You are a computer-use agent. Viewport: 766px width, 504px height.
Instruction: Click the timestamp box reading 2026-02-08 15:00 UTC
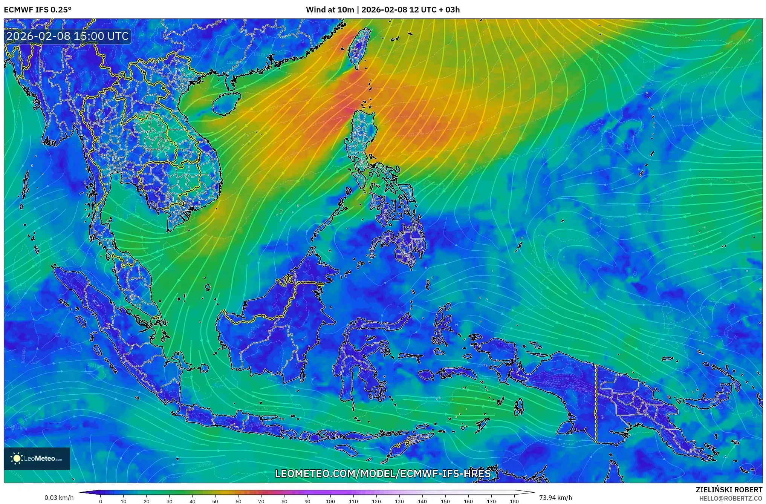(68, 36)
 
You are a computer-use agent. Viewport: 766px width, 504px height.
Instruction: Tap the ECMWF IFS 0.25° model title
(38, 10)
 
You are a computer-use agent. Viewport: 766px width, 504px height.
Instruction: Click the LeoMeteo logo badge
(37, 458)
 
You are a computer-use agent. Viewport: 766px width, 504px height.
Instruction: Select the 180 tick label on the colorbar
(514, 501)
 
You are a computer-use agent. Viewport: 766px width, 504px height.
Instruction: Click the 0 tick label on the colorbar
(100, 501)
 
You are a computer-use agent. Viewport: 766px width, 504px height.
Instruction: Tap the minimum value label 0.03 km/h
(59, 498)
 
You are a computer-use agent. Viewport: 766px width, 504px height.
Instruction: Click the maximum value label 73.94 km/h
(555, 498)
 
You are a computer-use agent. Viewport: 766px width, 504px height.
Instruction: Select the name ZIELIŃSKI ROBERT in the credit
(729, 490)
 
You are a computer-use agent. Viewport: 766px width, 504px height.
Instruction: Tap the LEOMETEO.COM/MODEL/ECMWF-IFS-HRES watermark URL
(383, 473)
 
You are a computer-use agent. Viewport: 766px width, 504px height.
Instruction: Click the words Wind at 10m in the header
(330, 10)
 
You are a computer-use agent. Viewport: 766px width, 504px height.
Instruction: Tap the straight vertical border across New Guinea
(596, 403)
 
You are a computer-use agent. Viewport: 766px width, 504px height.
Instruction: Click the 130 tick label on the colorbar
(399, 501)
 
